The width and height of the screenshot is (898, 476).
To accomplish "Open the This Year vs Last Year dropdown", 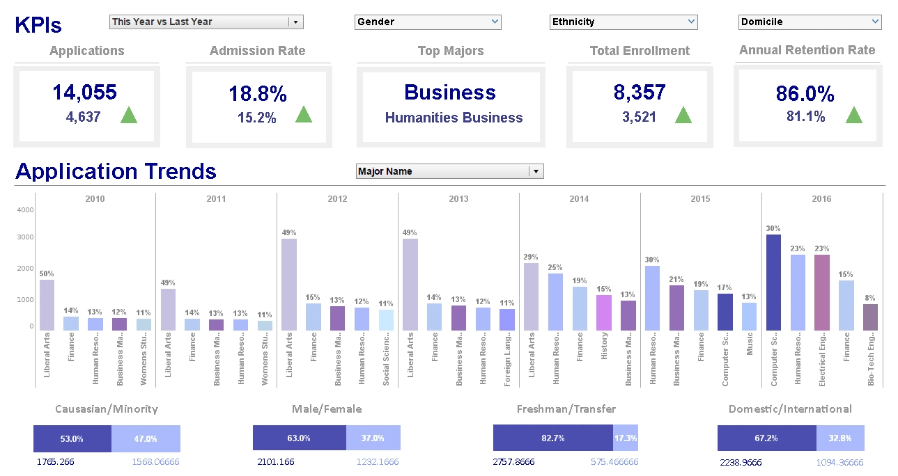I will coord(206,22).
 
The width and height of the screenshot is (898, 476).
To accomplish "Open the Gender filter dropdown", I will coord(428,22).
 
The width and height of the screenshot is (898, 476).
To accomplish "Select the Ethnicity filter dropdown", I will coord(624,22).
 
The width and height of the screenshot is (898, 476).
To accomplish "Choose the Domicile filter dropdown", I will coord(810,22).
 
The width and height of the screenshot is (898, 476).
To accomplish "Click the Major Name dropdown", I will coord(449,171).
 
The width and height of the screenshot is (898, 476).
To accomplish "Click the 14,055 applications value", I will coord(84,93).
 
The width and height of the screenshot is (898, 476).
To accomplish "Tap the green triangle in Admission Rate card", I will coord(304,115).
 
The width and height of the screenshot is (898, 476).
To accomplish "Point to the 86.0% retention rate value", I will coord(805,94).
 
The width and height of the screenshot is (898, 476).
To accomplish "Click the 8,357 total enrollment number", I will coord(640,93).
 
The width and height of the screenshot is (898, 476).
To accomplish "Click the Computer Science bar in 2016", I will coord(773,282).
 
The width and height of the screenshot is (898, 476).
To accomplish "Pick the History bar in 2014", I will coord(604,312).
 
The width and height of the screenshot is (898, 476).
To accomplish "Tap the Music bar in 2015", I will coord(750,316).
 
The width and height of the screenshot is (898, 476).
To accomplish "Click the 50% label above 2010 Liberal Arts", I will coord(47,273).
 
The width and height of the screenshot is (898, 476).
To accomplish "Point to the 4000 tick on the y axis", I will coord(25,210).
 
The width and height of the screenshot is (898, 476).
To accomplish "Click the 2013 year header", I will coord(458,199).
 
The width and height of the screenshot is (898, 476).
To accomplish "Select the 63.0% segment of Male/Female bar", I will coord(300,438).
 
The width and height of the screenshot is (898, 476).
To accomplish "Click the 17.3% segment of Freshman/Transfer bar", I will coord(625,438).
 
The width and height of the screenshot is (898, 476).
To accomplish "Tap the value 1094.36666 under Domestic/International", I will coord(839,462).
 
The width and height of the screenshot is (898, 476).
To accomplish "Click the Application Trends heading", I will coord(116,171).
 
